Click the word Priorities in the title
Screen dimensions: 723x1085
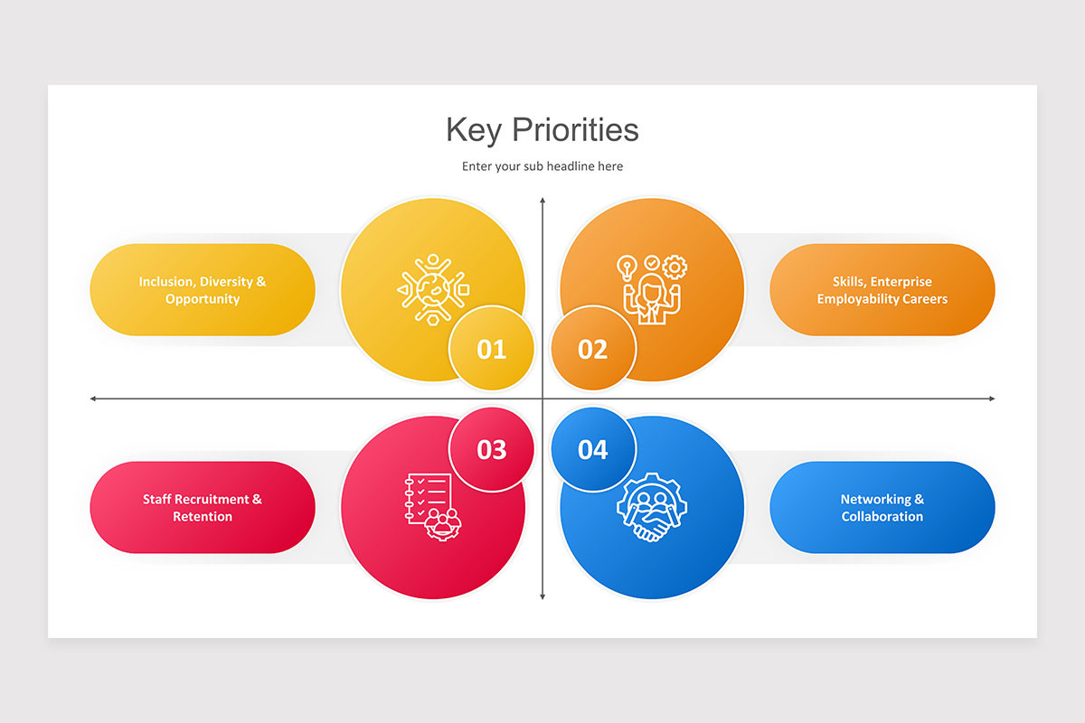click(575, 130)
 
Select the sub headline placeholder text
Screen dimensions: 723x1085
click(542, 166)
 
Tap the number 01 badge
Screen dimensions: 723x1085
click(492, 349)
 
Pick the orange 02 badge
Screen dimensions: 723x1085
click(593, 349)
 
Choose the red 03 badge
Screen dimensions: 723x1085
click(492, 449)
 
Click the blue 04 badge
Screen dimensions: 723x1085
click(593, 449)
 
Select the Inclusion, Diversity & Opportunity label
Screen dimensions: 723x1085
click(203, 290)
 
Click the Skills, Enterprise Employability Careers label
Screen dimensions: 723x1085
click(882, 290)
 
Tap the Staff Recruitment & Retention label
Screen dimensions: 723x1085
click(203, 508)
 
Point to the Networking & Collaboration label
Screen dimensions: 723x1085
click(882, 508)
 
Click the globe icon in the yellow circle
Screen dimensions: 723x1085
click(431, 289)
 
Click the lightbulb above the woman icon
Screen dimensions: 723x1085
click(627, 267)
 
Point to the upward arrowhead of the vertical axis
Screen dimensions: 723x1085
click(542, 201)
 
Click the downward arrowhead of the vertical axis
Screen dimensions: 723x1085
click(542, 596)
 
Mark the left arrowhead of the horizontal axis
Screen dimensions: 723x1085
click(93, 399)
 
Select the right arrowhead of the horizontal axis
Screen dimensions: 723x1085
click(992, 399)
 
